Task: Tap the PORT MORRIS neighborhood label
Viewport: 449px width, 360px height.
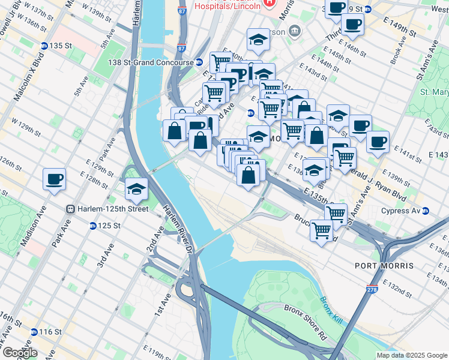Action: [384, 266]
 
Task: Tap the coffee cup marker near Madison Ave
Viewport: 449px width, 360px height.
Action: [54, 179]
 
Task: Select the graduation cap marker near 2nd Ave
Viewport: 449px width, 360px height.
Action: [137, 189]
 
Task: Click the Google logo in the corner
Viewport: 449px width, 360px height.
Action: [20, 352]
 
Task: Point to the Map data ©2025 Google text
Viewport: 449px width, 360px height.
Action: [412, 355]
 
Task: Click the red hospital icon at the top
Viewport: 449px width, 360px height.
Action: [268, 3]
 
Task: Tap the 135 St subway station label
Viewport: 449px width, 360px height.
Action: [59, 46]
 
